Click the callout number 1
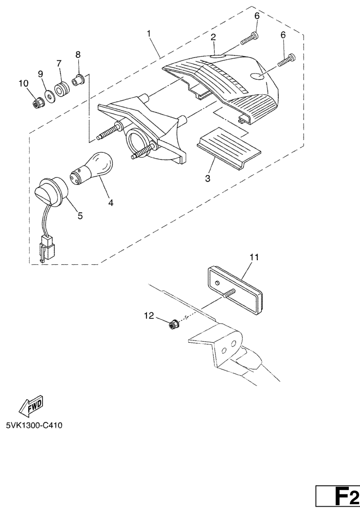click(149, 34)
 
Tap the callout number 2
click(213, 37)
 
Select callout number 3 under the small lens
click(208, 179)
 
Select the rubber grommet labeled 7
click(61, 90)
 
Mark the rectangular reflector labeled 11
click(235, 290)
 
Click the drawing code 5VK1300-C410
click(35, 426)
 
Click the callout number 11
click(254, 257)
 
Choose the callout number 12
click(149, 316)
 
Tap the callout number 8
click(78, 55)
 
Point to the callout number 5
click(80, 216)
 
